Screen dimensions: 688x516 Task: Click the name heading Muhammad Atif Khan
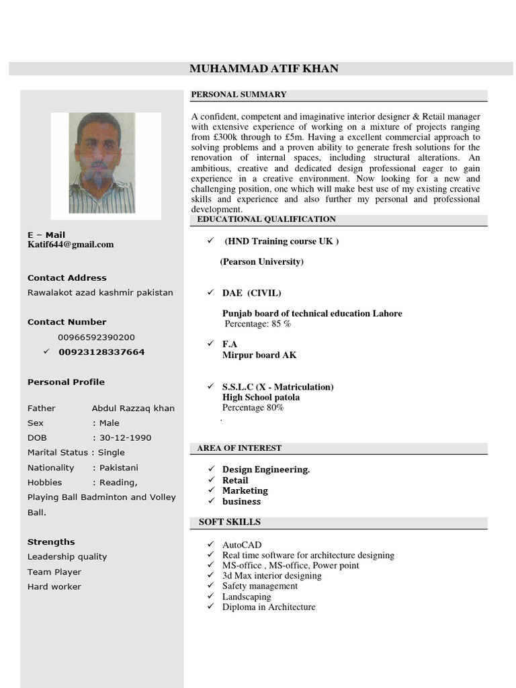[264, 69]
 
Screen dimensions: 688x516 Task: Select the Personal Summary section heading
[239, 95]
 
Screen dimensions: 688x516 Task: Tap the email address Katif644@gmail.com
[71, 245]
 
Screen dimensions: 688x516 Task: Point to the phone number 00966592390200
[96, 337]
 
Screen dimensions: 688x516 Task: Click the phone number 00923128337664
[101, 352]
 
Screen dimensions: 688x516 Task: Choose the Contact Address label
[67, 277]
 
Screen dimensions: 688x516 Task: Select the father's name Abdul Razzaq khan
[133, 408]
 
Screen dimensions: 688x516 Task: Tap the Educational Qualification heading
[267, 220]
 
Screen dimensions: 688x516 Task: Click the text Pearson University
[261, 261]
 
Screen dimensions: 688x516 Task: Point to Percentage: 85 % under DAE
[257, 324]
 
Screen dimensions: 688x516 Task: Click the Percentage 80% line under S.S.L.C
[253, 407]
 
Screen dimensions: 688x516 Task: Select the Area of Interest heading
[239, 448]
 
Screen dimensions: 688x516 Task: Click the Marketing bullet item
[245, 490]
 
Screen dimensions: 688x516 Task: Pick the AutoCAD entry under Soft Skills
[242, 545]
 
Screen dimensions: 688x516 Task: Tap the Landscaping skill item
[247, 597]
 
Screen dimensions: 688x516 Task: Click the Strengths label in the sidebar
[51, 542]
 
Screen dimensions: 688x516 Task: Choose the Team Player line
[54, 572]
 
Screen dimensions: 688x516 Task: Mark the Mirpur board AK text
[259, 355]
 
